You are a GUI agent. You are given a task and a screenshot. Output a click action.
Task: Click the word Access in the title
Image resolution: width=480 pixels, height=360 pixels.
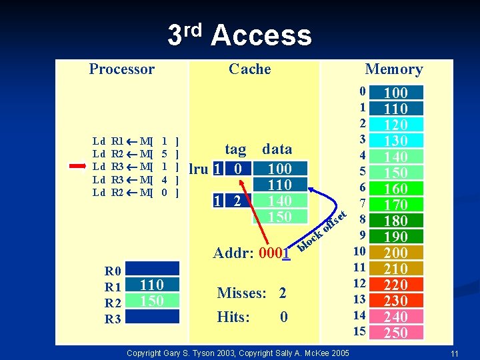point(261,35)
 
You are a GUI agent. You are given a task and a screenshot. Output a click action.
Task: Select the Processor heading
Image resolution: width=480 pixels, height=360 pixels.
point(121,69)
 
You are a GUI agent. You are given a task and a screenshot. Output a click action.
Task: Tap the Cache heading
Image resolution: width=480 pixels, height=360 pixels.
point(249,69)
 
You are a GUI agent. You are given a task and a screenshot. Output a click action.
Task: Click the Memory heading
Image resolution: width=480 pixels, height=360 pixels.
point(393,69)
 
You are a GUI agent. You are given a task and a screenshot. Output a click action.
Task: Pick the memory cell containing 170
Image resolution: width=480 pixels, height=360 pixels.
point(396,205)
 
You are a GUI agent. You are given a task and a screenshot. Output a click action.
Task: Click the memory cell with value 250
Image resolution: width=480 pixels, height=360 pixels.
point(396,333)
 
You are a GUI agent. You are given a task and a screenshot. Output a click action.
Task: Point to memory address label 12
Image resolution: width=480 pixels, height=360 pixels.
point(360,284)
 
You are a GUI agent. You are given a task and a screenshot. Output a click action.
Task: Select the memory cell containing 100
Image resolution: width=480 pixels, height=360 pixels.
point(396,93)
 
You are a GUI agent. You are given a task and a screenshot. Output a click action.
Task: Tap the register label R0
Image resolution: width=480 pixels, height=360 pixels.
point(113,271)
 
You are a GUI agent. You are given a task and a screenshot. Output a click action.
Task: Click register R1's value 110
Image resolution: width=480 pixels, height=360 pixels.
point(152,285)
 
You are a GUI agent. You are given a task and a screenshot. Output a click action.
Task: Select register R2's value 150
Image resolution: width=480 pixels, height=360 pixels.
point(152,301)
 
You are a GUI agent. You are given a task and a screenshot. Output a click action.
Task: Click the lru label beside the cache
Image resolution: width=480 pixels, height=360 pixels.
point(199,169)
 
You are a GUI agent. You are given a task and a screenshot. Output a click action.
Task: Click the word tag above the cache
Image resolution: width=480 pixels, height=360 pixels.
point(235,149)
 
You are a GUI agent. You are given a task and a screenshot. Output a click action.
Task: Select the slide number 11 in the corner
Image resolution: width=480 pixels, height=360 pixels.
point(453,353)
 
